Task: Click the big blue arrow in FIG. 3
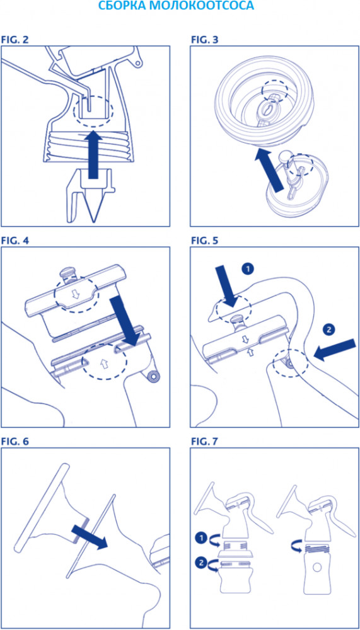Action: click(x=272, y=169)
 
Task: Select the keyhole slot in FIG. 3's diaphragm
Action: click(x=267, y=109)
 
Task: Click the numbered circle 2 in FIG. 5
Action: click(x=328, y=329)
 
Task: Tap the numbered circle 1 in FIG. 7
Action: click(x=200, y=537)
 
